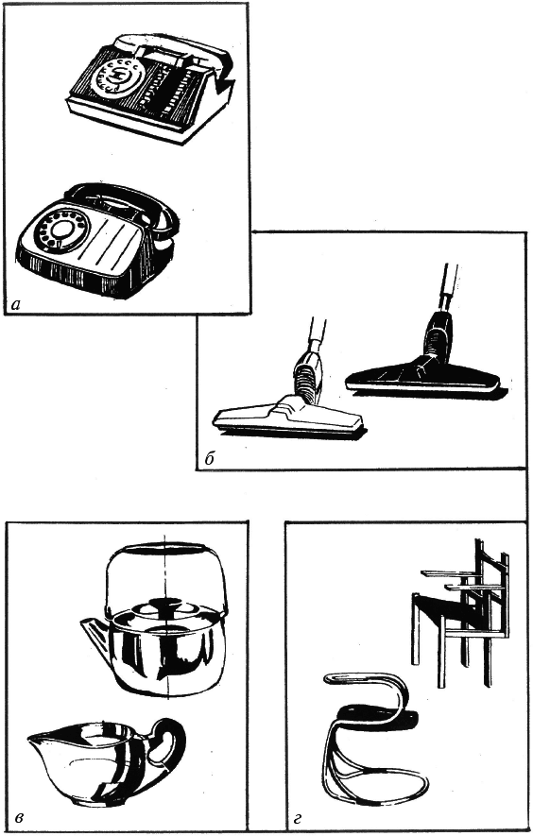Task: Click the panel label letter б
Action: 209,459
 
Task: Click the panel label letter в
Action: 19,815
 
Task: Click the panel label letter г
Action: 298,815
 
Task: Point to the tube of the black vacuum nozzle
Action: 445,292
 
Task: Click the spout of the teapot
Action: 95,632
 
